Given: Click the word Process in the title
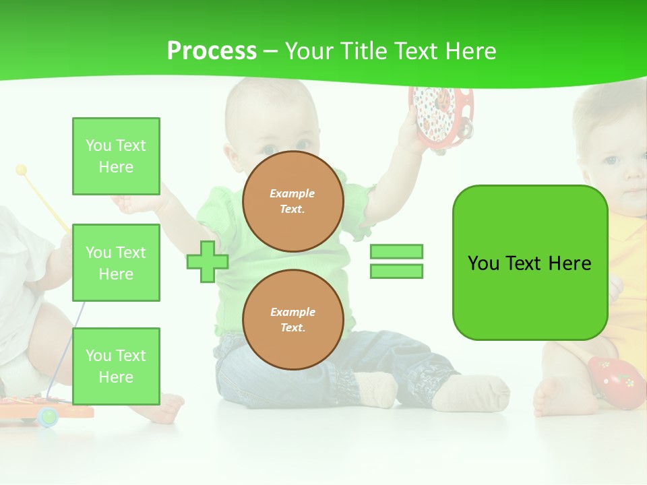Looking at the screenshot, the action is [x=212, y=51].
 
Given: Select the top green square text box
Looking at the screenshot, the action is [x=116, y=156].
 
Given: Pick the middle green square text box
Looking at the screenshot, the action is [x=116, y=263].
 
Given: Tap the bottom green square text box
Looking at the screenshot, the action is [x=116, y=366].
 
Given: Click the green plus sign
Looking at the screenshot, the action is [x=207, y=261].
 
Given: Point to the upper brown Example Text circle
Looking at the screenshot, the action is [x=293, y=201].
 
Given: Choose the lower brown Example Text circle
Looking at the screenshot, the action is [x=293, y=319].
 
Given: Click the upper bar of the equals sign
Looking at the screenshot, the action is [x=396, y=251].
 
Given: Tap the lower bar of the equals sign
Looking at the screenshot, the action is [x=396, y=271].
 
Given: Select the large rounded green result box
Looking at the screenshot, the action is [x=530, y=263].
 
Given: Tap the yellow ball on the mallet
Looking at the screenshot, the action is [x=21, y=170].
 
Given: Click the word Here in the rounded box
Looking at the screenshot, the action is [x=570, y=263].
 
